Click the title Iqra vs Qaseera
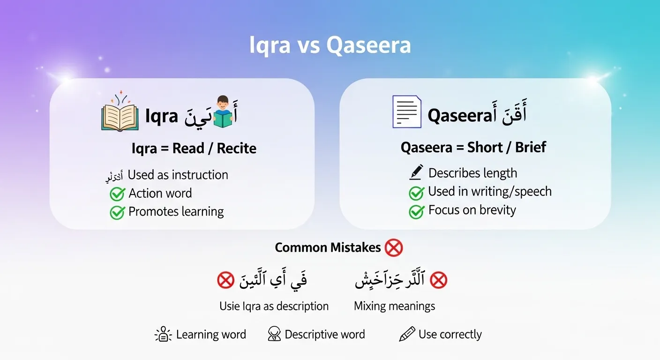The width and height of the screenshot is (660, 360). [x=330, y=46]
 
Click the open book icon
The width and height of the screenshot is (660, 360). [x=120, y=115]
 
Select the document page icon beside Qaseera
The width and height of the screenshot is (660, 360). [x=406, y=112]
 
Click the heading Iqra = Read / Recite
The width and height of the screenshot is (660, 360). [x=194, y=149]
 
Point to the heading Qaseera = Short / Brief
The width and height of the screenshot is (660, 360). [x=473, y=148]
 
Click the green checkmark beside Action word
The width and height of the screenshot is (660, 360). [x=117, y=194]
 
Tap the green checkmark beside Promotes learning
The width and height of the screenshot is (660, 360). [x=117, y=212]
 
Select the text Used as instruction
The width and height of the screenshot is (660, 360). [x=178, y=175]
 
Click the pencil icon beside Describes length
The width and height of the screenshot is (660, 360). [x=416, y=172]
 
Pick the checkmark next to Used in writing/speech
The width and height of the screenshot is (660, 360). [x=416, y=192]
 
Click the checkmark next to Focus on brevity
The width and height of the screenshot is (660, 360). [x=416, y=211]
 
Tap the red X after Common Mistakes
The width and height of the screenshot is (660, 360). [x=393, y=247]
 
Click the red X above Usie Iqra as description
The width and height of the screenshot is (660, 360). [x=225, y=281]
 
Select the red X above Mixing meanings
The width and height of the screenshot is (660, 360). [x=438, y=280]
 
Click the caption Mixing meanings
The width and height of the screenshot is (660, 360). [x=394, y=307]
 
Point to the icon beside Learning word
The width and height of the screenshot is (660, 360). [x=163, y=335]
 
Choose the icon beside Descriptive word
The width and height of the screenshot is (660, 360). [x=274, y=335]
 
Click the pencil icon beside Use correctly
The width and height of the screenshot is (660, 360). [x=406, y=335]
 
